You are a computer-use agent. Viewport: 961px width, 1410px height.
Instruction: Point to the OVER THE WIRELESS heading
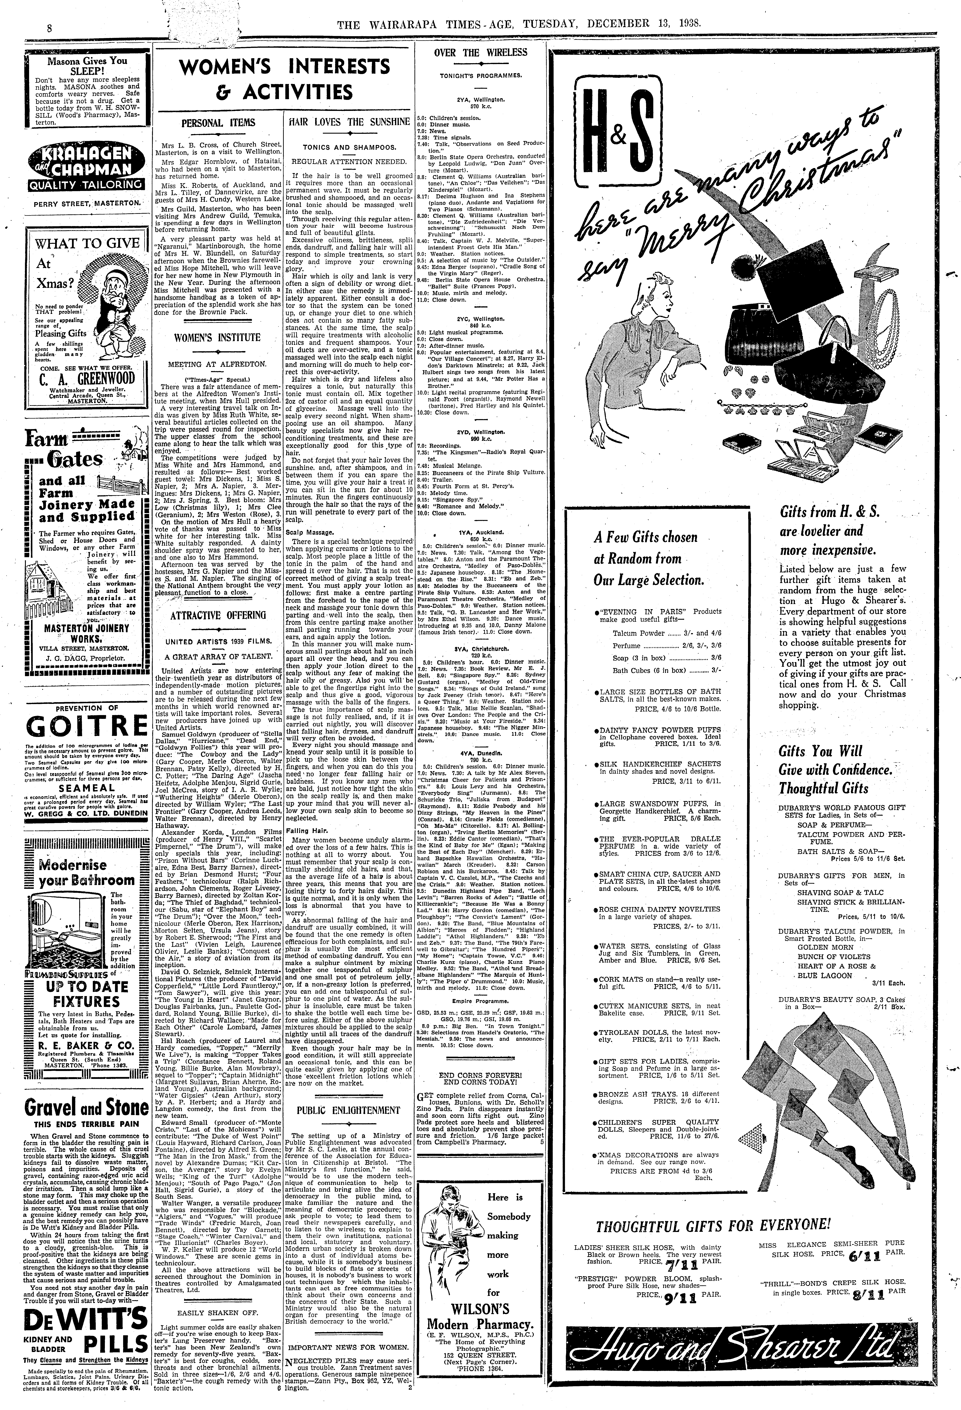pos(481,53)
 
